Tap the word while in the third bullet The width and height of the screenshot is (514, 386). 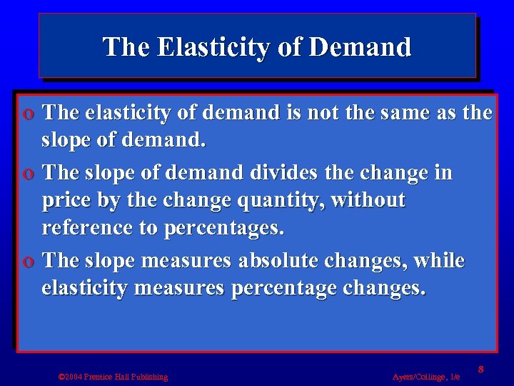[440, 261]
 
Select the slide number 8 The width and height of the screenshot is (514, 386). [481, 369]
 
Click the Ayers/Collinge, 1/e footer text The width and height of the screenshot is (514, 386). [426, 377]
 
